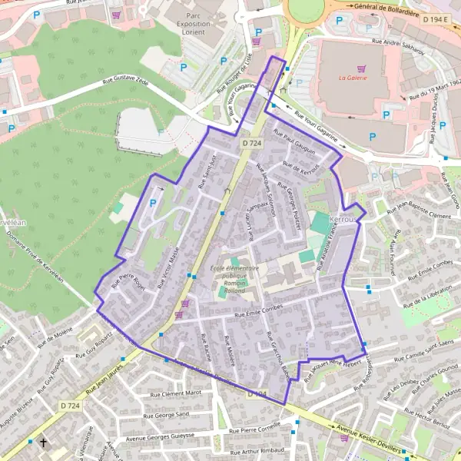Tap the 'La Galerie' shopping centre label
[x=353, y=78]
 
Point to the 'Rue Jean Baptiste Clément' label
[x=422, y=211]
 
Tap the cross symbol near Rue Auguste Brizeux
[x=44, y=443]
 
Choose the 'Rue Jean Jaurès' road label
[x=104, y=381]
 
